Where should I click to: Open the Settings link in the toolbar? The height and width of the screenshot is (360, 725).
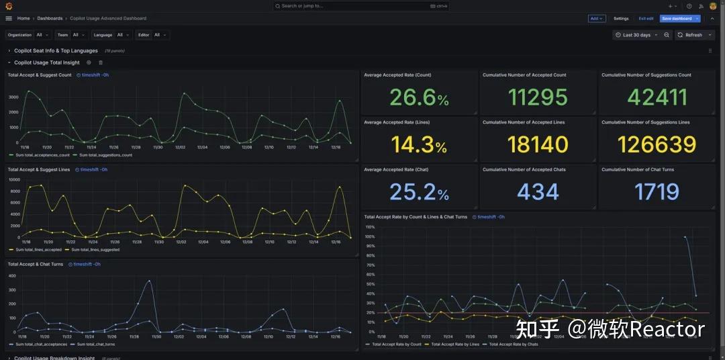pyautogui.click(x=621, y=19)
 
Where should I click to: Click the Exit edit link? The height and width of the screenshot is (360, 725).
pyautogui.click(x=646, y=19)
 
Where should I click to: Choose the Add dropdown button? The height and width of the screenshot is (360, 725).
pyautogui.click(x=596, y=19)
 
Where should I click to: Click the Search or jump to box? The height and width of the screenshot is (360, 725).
pyautogui.click(x=361, y=6)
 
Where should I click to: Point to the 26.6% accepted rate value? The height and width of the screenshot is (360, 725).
pyautogui.click(x=419, y=98)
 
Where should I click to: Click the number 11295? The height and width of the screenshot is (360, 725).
pyautogui.click(x=538, y=98)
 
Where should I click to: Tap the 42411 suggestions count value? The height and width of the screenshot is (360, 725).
pyautogui.click(x=657, y=98)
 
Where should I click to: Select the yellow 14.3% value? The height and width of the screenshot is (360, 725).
pyautogui.click(x=419, y=145)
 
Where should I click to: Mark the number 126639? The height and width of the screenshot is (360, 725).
pyautogui.click(x=657, y=145)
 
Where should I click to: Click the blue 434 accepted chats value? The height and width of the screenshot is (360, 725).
pyautogui.click(x=538, y=192)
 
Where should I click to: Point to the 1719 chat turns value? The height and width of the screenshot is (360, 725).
pyautogui.click(x=657, y=192)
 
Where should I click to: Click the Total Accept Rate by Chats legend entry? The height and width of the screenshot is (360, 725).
pyautogui.click(x=513, y=345)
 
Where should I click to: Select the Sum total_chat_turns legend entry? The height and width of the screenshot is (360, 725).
pyautogui.click(x=95, y=345)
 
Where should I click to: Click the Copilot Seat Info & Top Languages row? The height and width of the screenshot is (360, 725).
pyautogui.click(x=56, y=51)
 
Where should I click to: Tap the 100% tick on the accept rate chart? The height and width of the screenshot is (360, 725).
pyautogui.click(x=369, y=227)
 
